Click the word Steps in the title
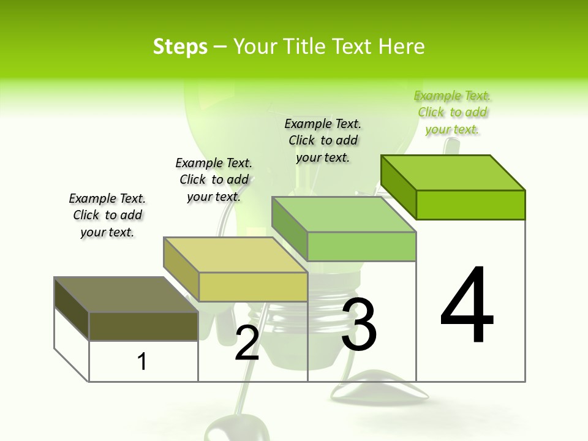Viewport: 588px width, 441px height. [x=180, y=47]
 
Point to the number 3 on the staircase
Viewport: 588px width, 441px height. [x=359, y=325]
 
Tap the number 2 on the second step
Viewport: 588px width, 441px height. [x=247, y=343]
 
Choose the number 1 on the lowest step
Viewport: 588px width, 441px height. [x=142, y=361]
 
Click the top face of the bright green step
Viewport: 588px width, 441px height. [x=453, y=173]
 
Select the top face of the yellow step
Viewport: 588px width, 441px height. [x=236, y=255]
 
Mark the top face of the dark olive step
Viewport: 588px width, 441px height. [x=126, y=295]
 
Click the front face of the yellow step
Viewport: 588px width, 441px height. [x=253, y=287]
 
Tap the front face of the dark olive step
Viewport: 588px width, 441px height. [x=143, y=326]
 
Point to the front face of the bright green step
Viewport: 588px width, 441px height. [x=470, y=205]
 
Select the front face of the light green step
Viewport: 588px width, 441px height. [x=361, y=246]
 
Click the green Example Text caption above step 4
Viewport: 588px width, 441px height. [x=452, y=113]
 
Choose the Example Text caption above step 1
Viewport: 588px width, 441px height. [x=107, y=215]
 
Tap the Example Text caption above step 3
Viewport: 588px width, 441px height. [x=323, y=140]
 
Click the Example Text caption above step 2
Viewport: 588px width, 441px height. [x=214, y=179]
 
